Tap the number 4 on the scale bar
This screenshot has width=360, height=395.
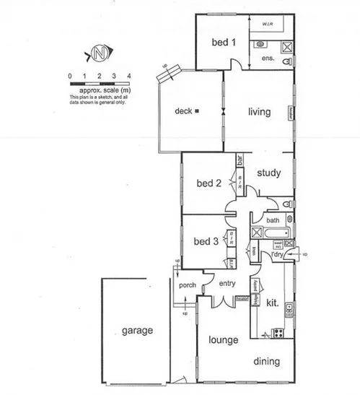(x=128, y=76)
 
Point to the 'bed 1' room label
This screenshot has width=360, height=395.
(x=224, y=43)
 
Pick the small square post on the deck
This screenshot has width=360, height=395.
(x=196, y=111)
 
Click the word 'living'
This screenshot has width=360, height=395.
(x=258, y=112)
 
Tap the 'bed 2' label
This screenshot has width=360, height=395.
(x=208, y=183)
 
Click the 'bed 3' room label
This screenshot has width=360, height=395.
(x=206, y=240)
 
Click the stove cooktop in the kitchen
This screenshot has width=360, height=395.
(x=278, y=333)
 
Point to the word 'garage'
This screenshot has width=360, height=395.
(x=137, y=331)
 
